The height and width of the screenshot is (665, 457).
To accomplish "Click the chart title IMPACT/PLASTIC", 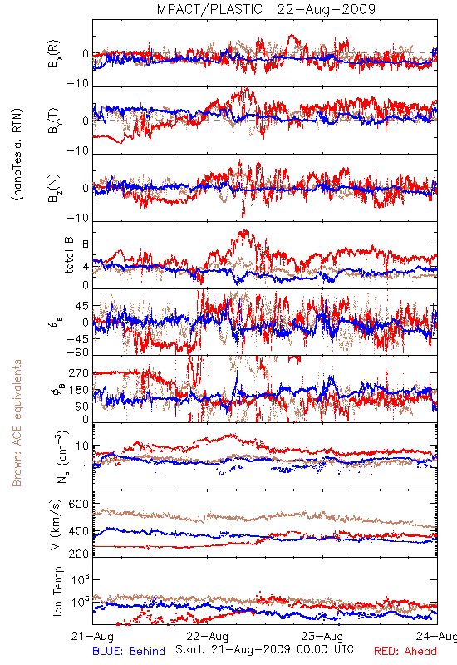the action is pos(209,9).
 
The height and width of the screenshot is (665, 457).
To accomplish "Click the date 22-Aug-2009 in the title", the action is pos(327,9).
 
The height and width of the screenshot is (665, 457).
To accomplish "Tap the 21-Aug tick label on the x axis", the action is pos(92,636).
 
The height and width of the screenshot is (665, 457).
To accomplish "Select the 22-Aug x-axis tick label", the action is pos(207,636).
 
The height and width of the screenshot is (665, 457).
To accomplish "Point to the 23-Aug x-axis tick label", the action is pos(322,636).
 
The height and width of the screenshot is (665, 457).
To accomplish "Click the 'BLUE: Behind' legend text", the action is pos(129,652).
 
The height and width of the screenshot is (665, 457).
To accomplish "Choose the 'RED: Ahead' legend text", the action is pos(405,652).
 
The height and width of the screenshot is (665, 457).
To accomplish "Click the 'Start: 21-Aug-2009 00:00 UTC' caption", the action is pos(264,649).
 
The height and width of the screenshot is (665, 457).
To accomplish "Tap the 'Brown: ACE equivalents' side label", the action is pos(17,423).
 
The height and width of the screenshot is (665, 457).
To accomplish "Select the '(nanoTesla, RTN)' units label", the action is pos(17,155).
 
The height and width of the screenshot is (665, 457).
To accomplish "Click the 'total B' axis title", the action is pos(69,255).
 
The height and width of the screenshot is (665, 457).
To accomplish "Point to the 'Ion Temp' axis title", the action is pos(58,591).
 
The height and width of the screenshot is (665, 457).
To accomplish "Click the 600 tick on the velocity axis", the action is pos(79,504).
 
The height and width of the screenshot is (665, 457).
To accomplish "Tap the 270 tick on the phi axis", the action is pos(79,372).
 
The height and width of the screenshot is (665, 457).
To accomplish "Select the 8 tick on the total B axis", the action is pos(86,244).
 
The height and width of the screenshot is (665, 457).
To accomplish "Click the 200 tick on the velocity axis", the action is pos(79,554).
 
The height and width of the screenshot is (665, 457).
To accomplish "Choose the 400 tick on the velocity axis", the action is pos(79,531).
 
